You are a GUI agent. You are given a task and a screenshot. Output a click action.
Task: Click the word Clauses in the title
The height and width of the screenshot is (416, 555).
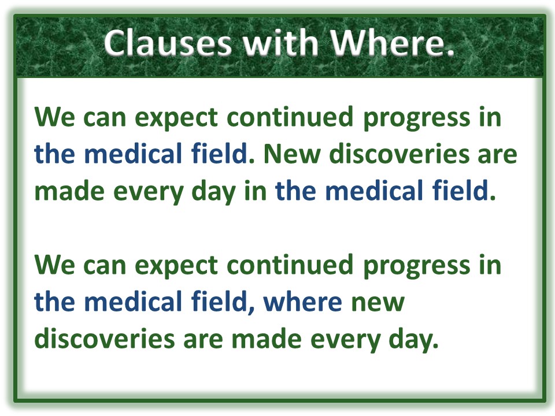click(x=168, y=43)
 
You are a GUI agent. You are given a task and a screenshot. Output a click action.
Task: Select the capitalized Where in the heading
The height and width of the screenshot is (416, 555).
click(x=392, y=43)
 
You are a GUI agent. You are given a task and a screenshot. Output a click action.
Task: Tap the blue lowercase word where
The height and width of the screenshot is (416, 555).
click(x=302, y=302)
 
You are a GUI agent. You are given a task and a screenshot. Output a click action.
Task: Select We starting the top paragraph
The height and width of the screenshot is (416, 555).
click(x=55, y=117)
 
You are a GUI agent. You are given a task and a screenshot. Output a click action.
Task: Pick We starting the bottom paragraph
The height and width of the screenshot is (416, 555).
click(x=55, y=265)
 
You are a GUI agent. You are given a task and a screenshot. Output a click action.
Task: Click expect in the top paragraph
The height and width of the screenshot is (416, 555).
click(x=176, y=118)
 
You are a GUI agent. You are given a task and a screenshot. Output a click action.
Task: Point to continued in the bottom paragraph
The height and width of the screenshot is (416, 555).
click(x=290, y=264)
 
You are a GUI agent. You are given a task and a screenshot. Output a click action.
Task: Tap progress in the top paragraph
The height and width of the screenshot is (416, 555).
click(x=417, y=119)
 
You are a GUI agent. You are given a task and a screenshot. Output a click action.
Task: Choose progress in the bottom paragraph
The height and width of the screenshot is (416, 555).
click(x=417, y=267)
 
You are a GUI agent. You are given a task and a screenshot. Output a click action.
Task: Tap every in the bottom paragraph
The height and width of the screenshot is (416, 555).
click(x=346, y=341)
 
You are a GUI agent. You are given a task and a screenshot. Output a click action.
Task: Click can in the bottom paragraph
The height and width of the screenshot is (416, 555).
click(x=105, y=268)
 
